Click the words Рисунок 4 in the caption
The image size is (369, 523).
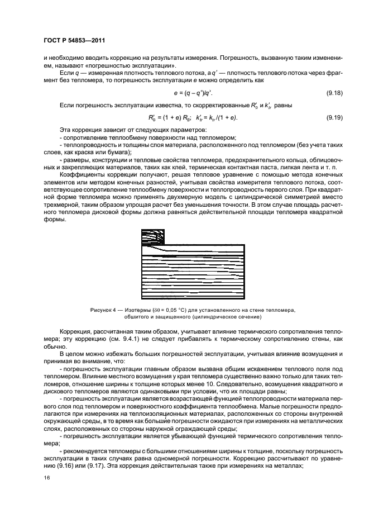click(x=102, y=309)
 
